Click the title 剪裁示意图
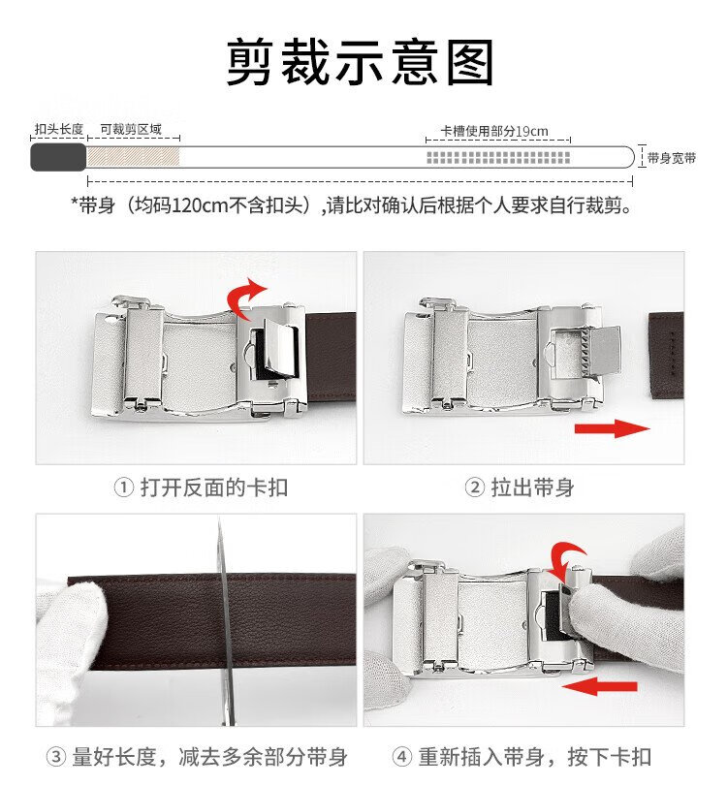coord(360,63)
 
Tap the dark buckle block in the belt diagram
coord(58,157)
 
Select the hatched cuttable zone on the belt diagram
coord(134,157)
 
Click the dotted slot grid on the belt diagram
coord(498,157)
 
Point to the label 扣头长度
coord(59,129)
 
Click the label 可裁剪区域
coord(131,129)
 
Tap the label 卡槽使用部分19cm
coord(494,132)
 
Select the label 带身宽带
coord(672,158)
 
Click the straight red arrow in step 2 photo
coord(613,428)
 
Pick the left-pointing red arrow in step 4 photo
coord(600,686)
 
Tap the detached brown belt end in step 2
coord(666,355)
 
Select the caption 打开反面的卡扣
coord(214,487)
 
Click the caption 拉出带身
coord(532,487)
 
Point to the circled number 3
coord(56,756)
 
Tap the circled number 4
coord(401,756)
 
